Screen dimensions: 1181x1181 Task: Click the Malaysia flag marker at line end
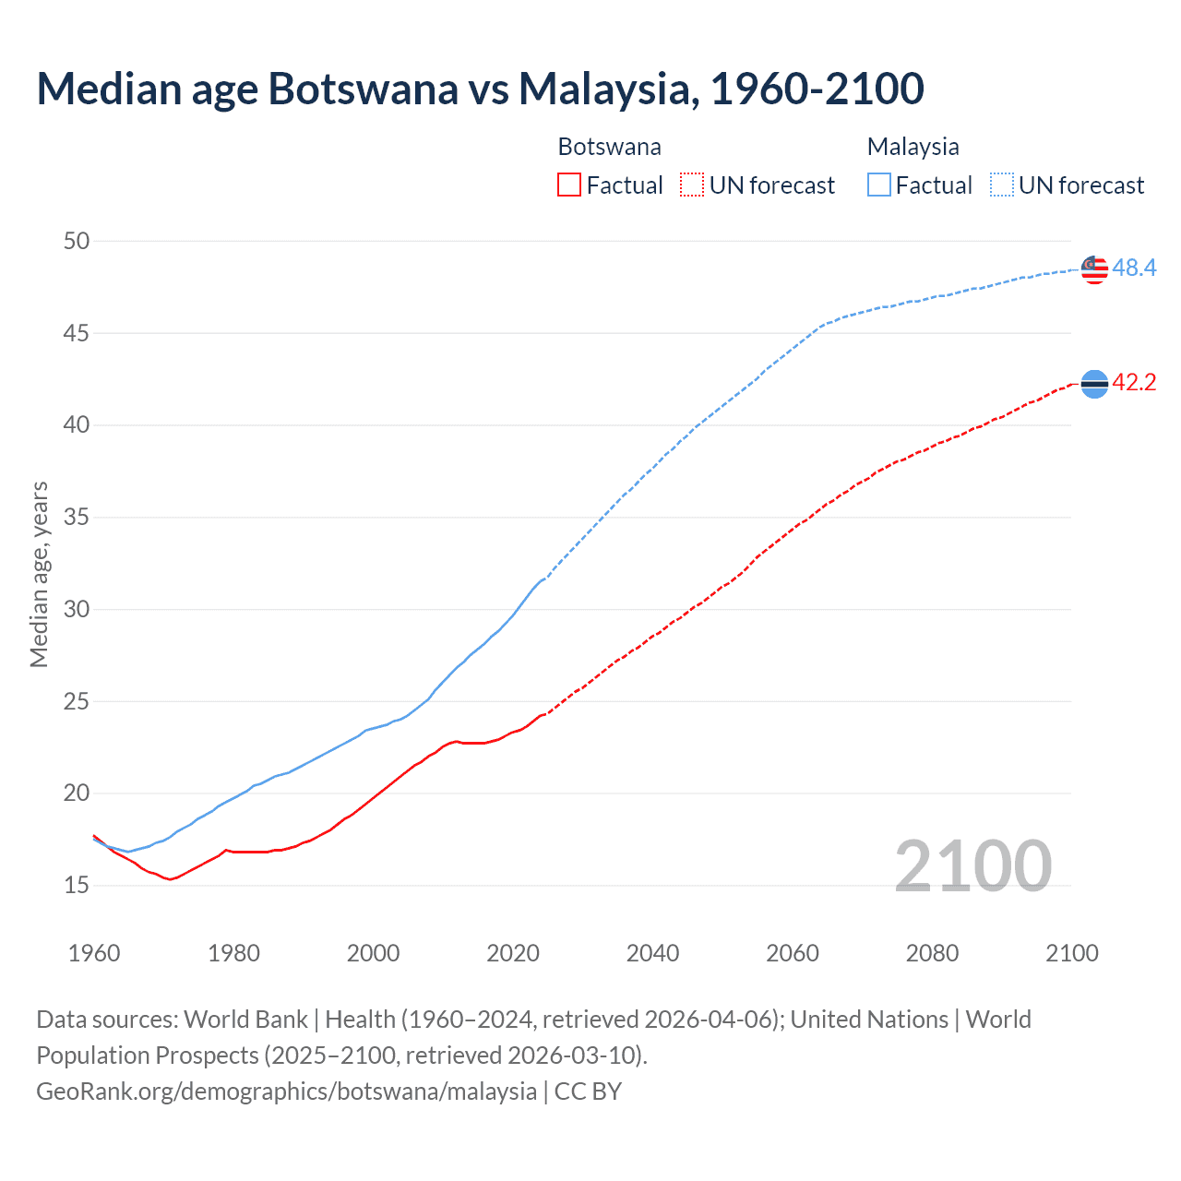click(x=1094, y=269)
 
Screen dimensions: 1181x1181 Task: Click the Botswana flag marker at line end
click(x=1094, y=383)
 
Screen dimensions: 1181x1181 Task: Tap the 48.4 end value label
click(x=1134, y=268)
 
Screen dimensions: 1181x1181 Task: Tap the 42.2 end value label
click(x=1134, y=383)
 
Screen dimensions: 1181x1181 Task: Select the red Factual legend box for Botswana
click(x=569, y=185)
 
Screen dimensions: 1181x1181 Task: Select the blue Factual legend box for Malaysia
click(x=879, y=185)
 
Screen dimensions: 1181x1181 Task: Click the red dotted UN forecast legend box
click(x=692, y=185)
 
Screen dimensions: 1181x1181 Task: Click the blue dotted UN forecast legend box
click(x=1002, y=185)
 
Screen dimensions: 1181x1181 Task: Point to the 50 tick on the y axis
click(x=77, y=242)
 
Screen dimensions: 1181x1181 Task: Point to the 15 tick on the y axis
click(x=77, y=886)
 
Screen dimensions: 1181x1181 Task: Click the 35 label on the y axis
click(x=77, y=518)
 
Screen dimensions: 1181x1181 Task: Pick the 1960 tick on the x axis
click(x=94, y=953)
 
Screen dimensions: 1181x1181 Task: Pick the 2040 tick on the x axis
click(x=652, y=953)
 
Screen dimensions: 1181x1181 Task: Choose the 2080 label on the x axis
click(x=932, y=953)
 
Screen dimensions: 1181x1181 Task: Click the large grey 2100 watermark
click(x=972, y=865)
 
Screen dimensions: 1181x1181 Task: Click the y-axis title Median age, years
click(x=39, y=574)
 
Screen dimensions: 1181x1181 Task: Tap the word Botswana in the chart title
click(x=363, y=89)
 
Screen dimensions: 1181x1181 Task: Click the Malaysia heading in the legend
click(x=913, y=147)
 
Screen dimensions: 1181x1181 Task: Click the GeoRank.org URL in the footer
click(x=286, y=1092)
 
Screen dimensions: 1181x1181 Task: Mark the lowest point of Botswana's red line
click(x=171, y=879)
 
